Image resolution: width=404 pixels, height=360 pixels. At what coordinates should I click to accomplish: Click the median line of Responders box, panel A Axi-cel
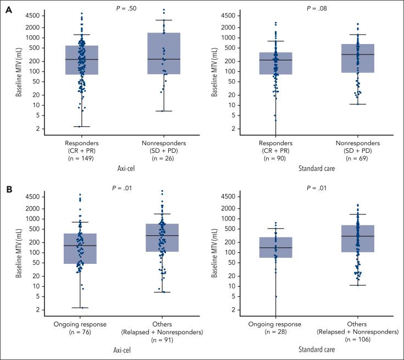coord(82,59)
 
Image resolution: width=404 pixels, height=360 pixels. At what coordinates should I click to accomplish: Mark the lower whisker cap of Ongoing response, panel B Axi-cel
coord(80,308)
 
